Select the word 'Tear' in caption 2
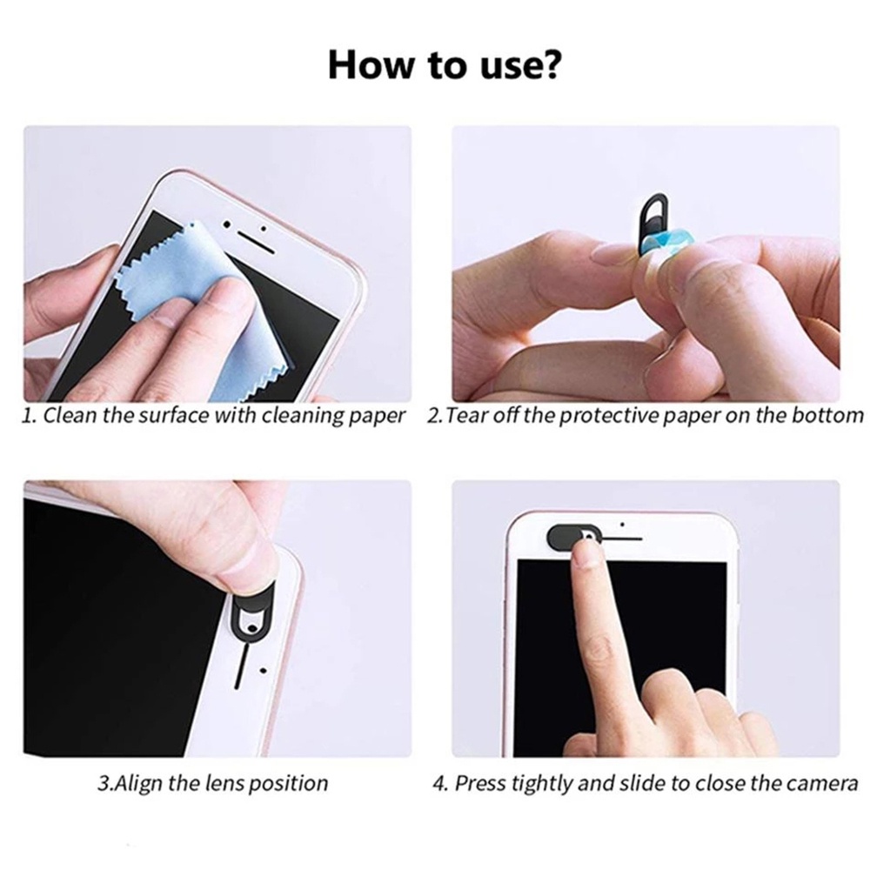(x=467, y=416)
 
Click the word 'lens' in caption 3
(x=225, y=783)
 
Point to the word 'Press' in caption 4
(x=481, y=783)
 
